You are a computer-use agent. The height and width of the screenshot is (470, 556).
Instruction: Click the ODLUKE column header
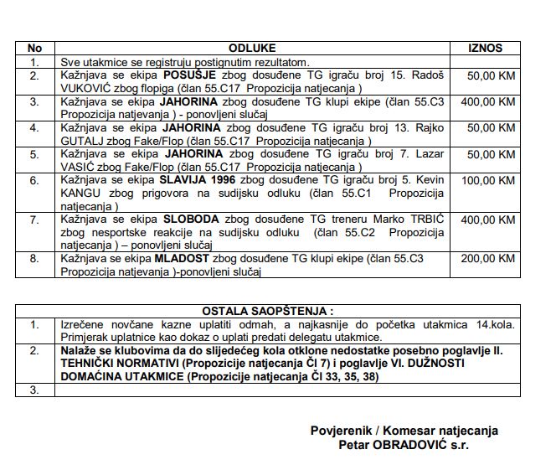click(252, 49)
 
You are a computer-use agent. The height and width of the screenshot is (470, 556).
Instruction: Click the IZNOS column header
click(485, 49)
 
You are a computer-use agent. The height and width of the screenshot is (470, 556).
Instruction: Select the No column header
click(34, 49)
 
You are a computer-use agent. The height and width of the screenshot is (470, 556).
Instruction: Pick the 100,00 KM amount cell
click(491, 180)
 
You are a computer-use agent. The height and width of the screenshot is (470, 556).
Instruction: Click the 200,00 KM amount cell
click(491, 260)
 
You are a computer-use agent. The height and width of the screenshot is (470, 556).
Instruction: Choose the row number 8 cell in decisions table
click(34, 260)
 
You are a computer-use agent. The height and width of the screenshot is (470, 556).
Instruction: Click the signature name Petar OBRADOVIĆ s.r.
click(404, 445)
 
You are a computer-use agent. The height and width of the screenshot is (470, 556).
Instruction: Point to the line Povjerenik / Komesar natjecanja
click(404, 431)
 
